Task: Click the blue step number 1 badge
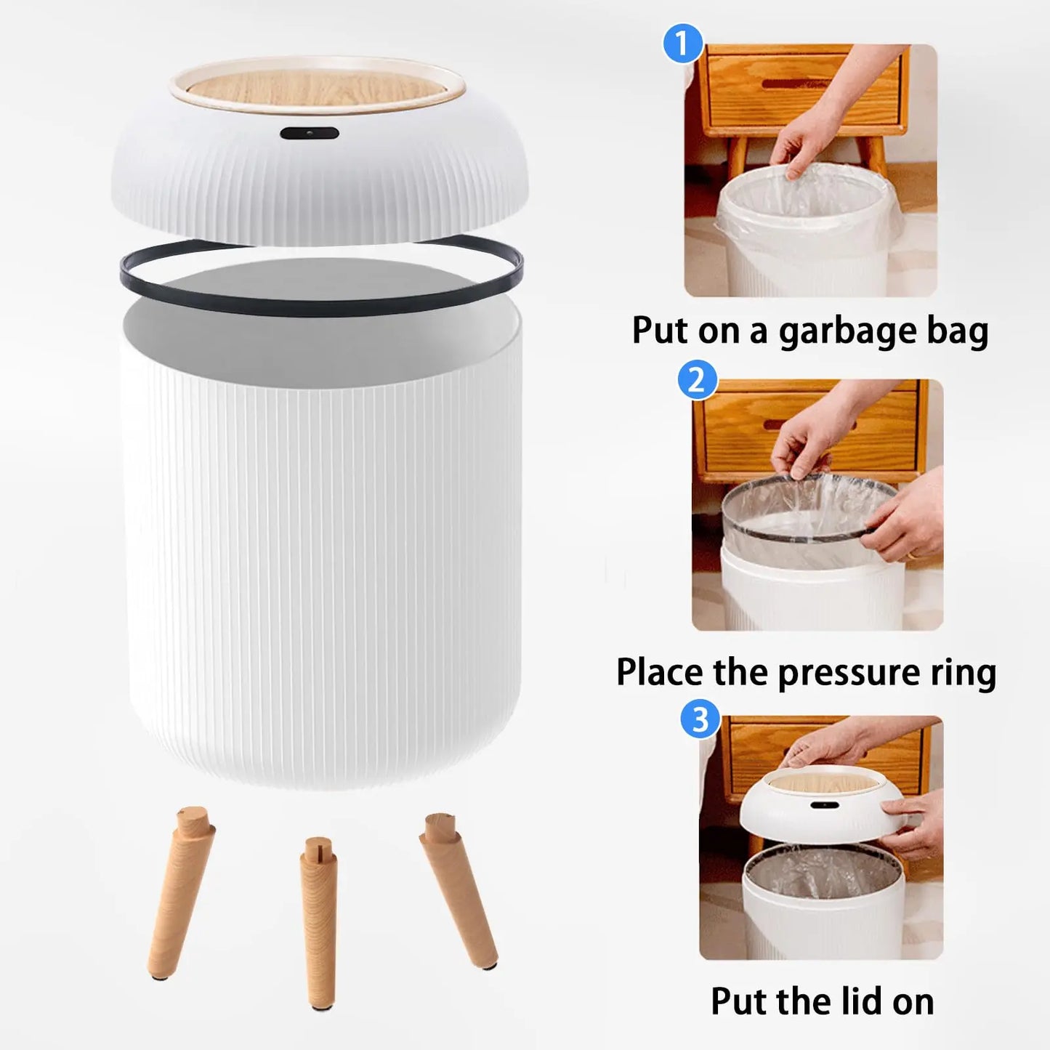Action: tap(682, 44)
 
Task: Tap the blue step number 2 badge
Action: tap(697, 380)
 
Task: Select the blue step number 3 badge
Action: tap(700, 719)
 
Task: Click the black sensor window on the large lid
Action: tap(310, 134)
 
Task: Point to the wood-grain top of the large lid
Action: tap(317, 90)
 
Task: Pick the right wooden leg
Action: tap(459, 890)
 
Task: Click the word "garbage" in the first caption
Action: tap(847, 332)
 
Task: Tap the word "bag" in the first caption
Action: tap(957, 332)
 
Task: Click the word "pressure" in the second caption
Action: tap(849, 674)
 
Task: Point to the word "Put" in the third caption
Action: tap(739, 1001)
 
